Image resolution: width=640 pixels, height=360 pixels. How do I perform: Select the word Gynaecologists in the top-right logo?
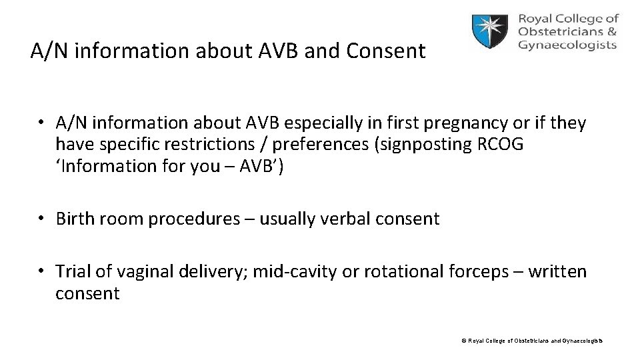coord(567,46)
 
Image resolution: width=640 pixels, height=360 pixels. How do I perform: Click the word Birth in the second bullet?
coord(78,219)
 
